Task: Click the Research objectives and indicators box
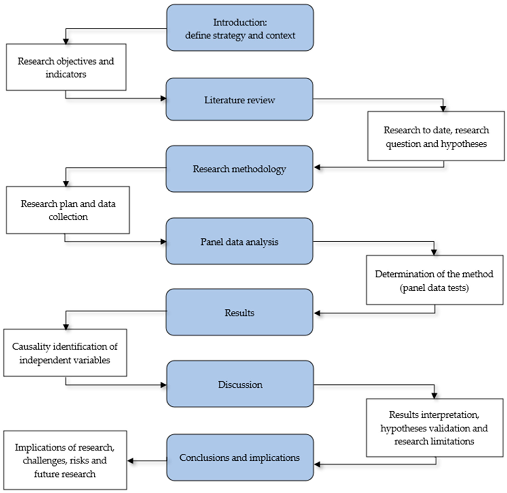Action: (66, 67)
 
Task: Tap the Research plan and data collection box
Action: (68, 210)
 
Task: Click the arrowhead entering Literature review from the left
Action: (163, 98)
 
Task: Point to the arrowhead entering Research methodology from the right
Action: (317, 167)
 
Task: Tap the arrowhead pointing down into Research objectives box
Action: (66, 41)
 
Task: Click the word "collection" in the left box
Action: (68, 217)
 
